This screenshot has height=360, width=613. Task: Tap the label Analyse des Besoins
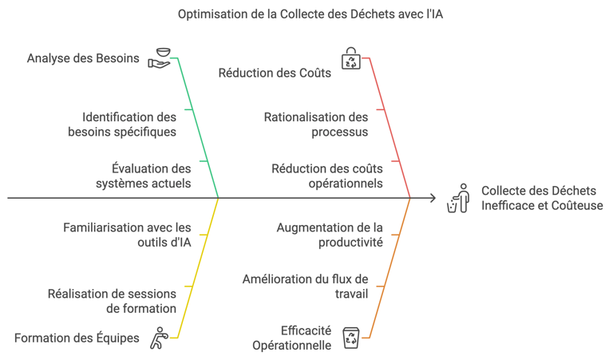coord(83,58)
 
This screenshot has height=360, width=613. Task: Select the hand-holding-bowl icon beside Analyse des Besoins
coord(160,58)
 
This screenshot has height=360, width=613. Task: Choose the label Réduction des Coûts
coord(275,73)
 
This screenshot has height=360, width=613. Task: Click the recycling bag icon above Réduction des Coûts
coord(351,58)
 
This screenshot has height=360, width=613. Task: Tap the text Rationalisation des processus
coord(316,124)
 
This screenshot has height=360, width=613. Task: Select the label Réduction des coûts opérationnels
coord(327,176)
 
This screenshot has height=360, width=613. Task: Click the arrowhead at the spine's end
coord(433,198)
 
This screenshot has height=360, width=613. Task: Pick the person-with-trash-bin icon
coord(458,198)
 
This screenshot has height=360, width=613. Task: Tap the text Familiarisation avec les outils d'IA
coord(128,235)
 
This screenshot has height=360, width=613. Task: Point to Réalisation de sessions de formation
coord(112,301)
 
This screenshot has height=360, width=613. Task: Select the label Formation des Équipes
coord(77,338)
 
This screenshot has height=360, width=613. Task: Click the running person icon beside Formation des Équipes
coord(160,338)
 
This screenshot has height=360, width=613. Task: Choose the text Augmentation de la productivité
coord(330,235)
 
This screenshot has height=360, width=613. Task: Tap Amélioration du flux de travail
coord(305,286)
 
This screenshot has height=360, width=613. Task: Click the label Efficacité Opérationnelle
coord(292,338)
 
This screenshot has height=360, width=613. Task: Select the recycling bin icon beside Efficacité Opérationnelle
coord(351,338)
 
